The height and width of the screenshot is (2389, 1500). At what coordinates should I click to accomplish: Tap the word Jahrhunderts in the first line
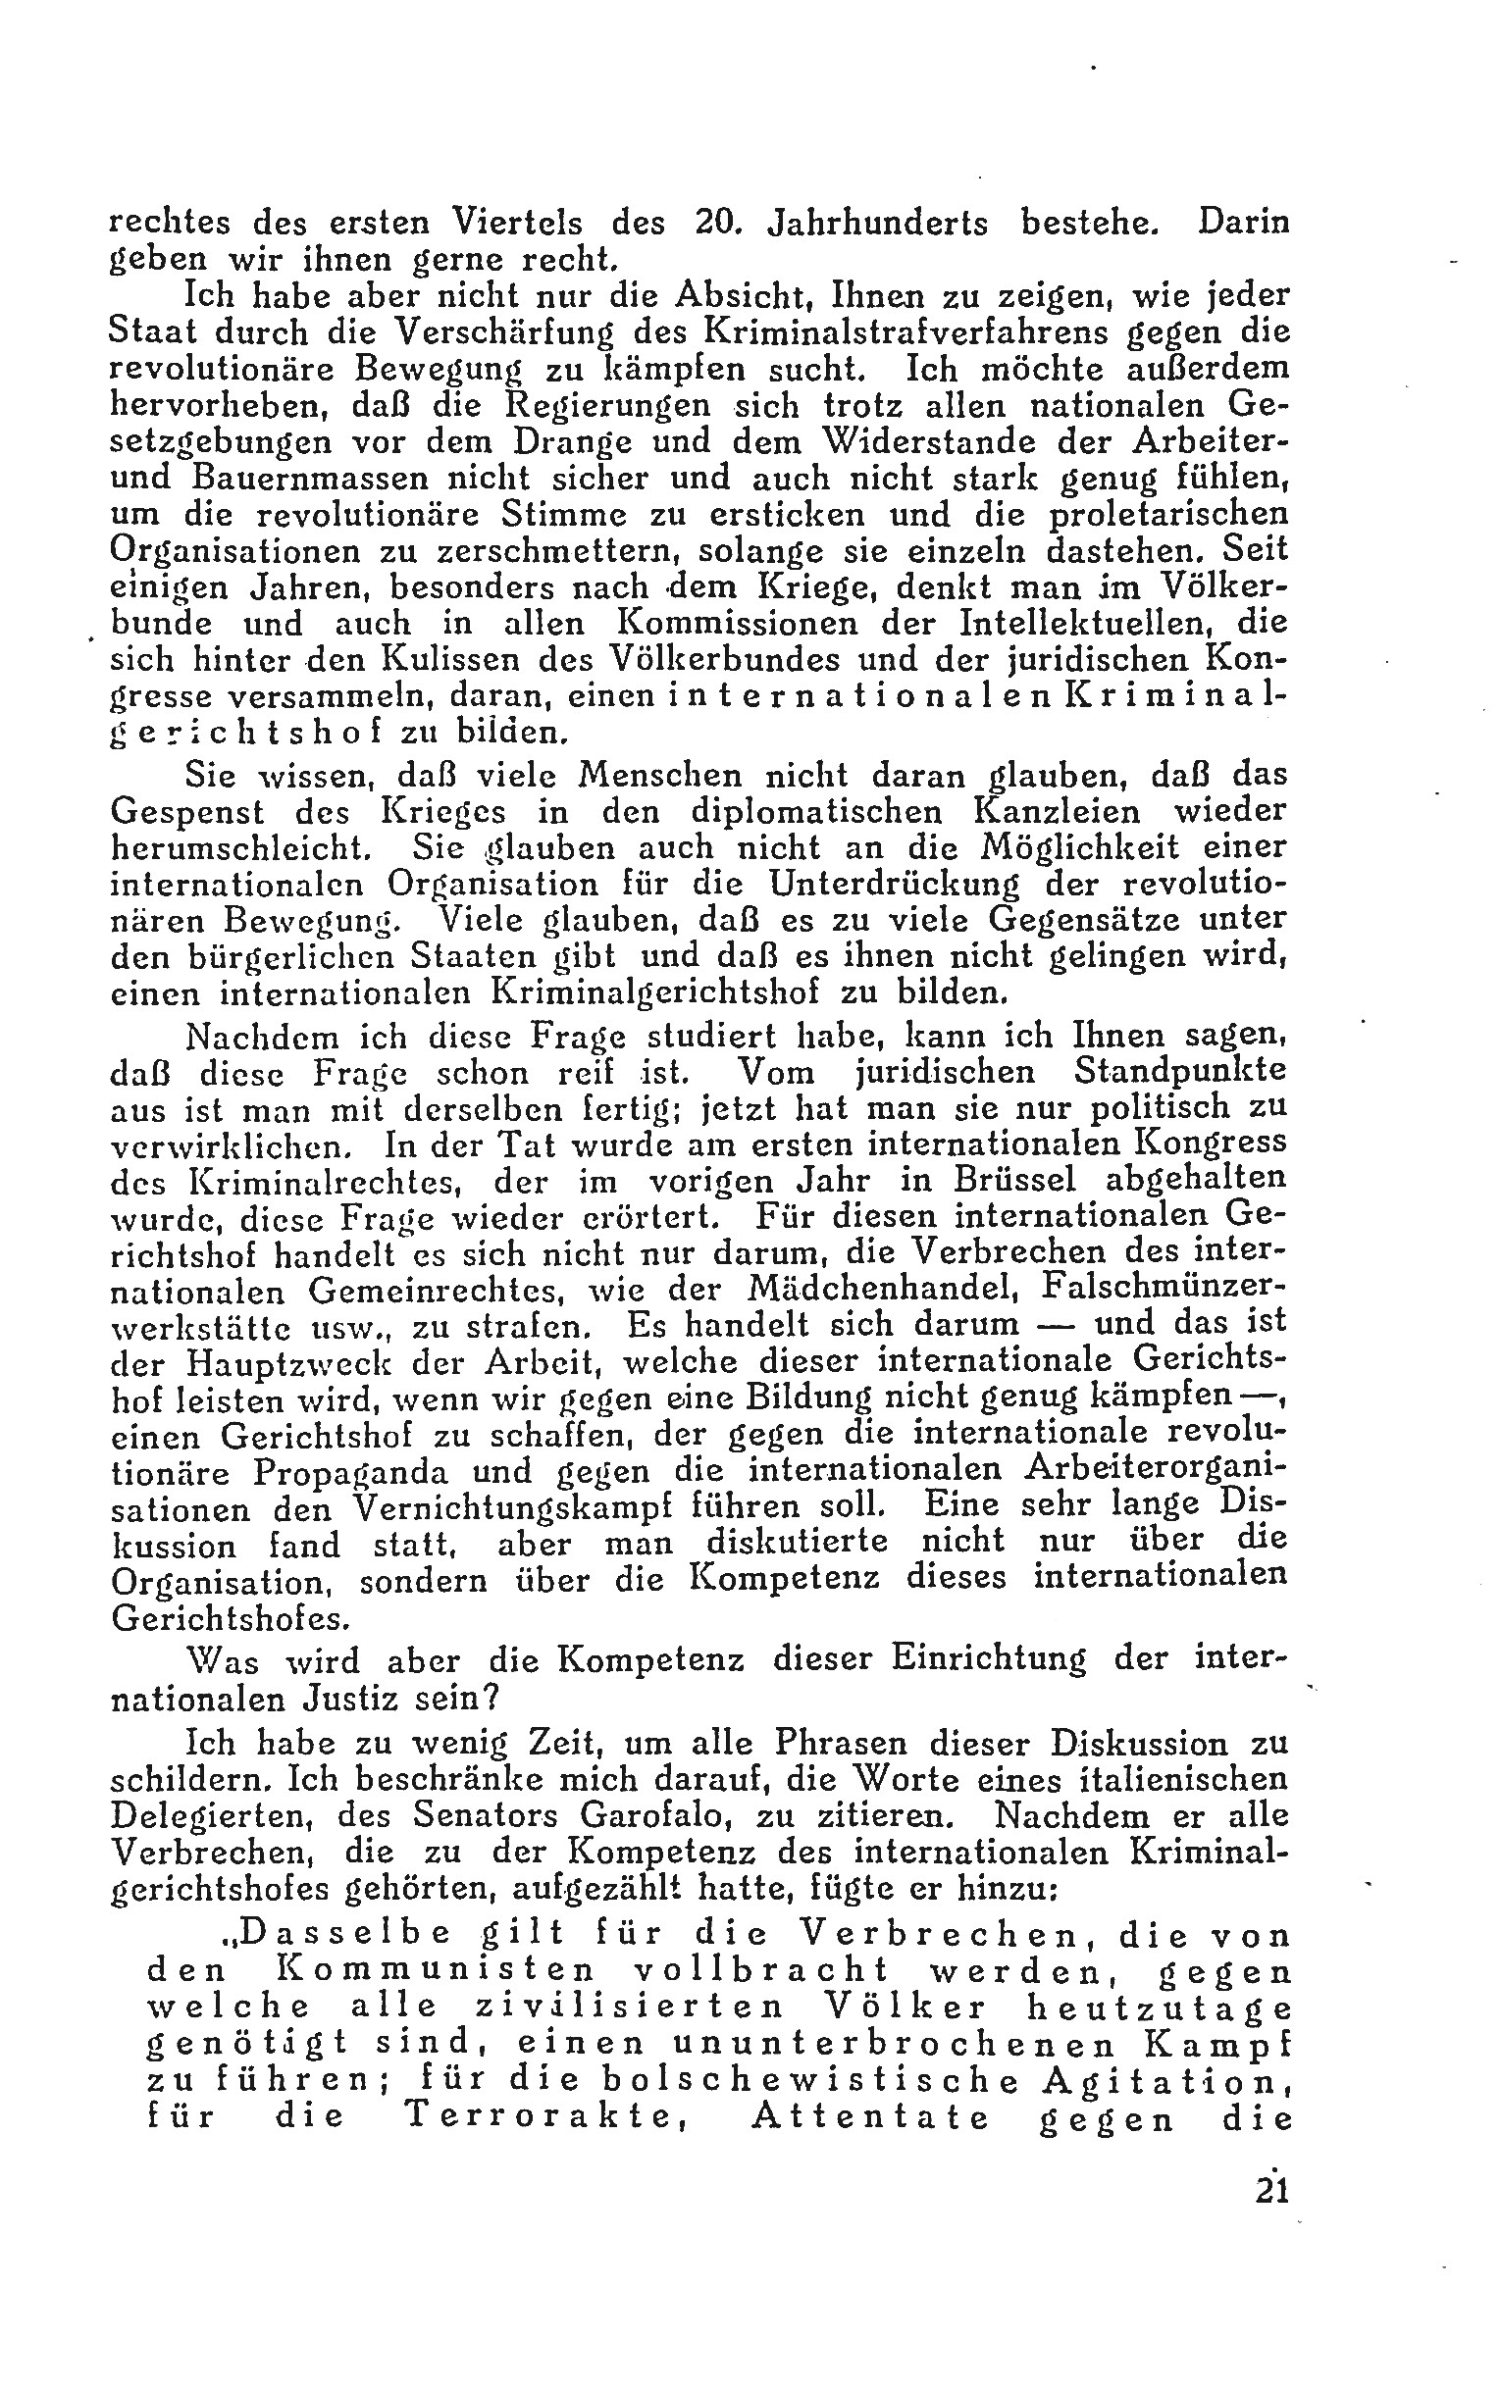[x=877, y=221]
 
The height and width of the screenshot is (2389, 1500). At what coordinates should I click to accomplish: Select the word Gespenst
[x=187, y=812]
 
